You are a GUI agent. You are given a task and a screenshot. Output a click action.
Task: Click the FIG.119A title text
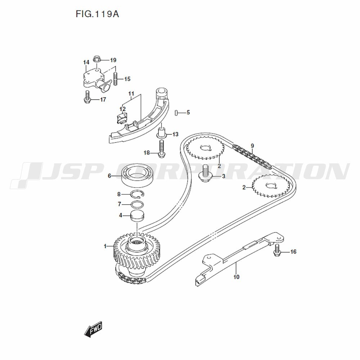(x=97, y=14)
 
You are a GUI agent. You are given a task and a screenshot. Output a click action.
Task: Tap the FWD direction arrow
(x=93, y=329)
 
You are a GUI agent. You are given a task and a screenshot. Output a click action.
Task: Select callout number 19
(x=113, y=60)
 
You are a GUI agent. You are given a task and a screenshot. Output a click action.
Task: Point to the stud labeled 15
(x=116, y=79)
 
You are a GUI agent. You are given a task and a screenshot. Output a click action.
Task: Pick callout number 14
(x=86, y=63)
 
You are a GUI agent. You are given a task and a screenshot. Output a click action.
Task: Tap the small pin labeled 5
(x=176, y=113)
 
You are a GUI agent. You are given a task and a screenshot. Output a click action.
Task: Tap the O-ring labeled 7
(x=137, y=205)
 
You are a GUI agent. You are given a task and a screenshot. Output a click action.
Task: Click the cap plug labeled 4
(x=137, y=216)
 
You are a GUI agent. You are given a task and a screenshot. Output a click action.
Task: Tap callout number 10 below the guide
(x=236, y=277)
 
